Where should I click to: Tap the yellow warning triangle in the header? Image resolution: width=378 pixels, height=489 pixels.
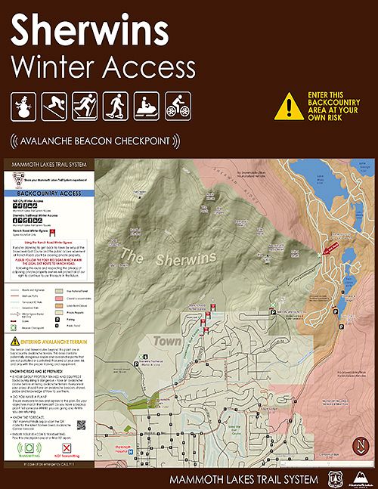[289, 107]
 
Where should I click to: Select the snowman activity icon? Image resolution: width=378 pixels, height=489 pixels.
[25, 107]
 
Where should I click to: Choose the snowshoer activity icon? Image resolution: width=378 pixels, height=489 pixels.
[115, 107]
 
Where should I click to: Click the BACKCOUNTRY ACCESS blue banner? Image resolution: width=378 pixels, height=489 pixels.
[49, 193]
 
